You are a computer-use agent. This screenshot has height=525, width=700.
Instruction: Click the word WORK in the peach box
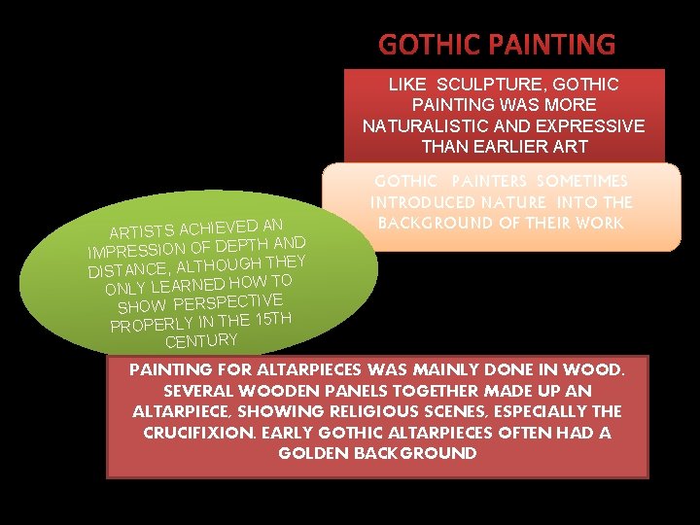[601, 223]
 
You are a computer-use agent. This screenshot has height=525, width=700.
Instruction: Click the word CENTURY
[201, 340]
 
